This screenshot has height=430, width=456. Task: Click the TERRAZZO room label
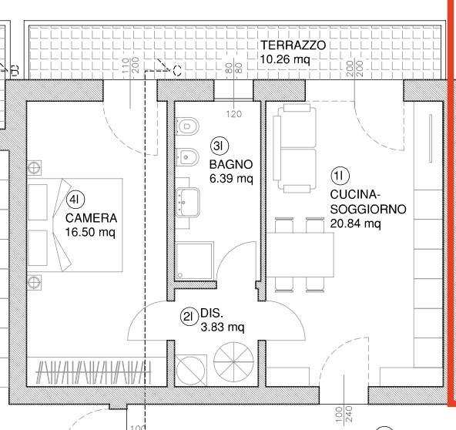pyautogui.click(x=292, y=45)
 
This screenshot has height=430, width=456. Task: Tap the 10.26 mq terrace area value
pyautogui.click(x=285, y=59)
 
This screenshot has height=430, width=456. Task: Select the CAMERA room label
pyautogui.click(x=91, y=217)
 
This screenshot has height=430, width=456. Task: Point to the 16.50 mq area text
pyautogui.click(x=90, y=230)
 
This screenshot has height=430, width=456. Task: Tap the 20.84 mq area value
pyautogui.click(x=355, y=223)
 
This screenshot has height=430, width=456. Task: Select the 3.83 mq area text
pyautogui.click(x=223, y=327)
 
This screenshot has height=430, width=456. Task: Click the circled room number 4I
pyautogui.click(x=75, y=200)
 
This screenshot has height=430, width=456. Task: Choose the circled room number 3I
pyautogui.click(x=218, y=145)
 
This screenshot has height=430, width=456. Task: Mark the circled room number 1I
pyautogui.click(x=340, y=176)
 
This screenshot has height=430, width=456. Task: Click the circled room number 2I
pyautogui.click(x=189, y=314)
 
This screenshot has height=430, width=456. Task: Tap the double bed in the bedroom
pyautogui.click(x=75, y=224)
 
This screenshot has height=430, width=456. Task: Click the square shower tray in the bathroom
pyautogui.click(x=193, y=262)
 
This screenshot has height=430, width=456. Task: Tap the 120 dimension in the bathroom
pyautogui.click(x=234, y=114)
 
